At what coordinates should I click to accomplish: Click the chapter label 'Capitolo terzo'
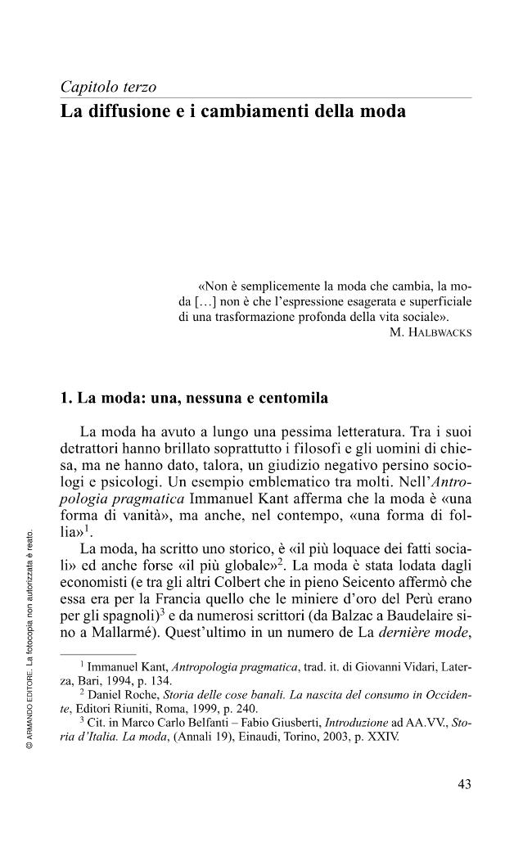[x=109, y=87]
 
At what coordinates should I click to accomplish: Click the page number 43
[x=463, y=784]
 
